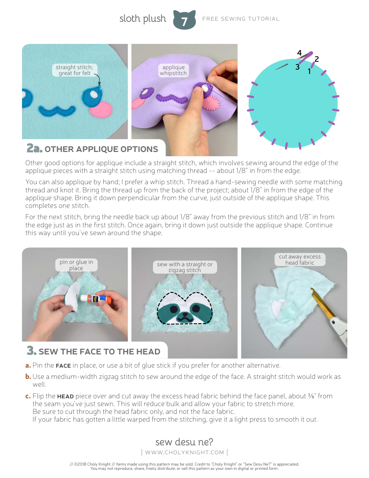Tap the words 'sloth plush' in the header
(x=143, y=19)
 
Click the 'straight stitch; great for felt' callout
(x=74, y=70)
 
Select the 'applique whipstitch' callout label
(x=173, y=70)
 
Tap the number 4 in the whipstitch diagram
(x=299, y=53)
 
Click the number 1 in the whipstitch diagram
(x=309, y=71)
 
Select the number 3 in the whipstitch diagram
(x=297, y=67)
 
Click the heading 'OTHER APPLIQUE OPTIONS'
(x=101, y=149)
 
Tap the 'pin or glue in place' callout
(x=76, y=265)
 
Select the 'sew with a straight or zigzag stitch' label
(x=184, y=267)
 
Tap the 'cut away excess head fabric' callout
(x=299, y=260)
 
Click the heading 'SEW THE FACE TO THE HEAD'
(x=99, y=352)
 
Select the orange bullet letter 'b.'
(x=28, y=377)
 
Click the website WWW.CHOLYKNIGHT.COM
(x=184, y=452)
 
